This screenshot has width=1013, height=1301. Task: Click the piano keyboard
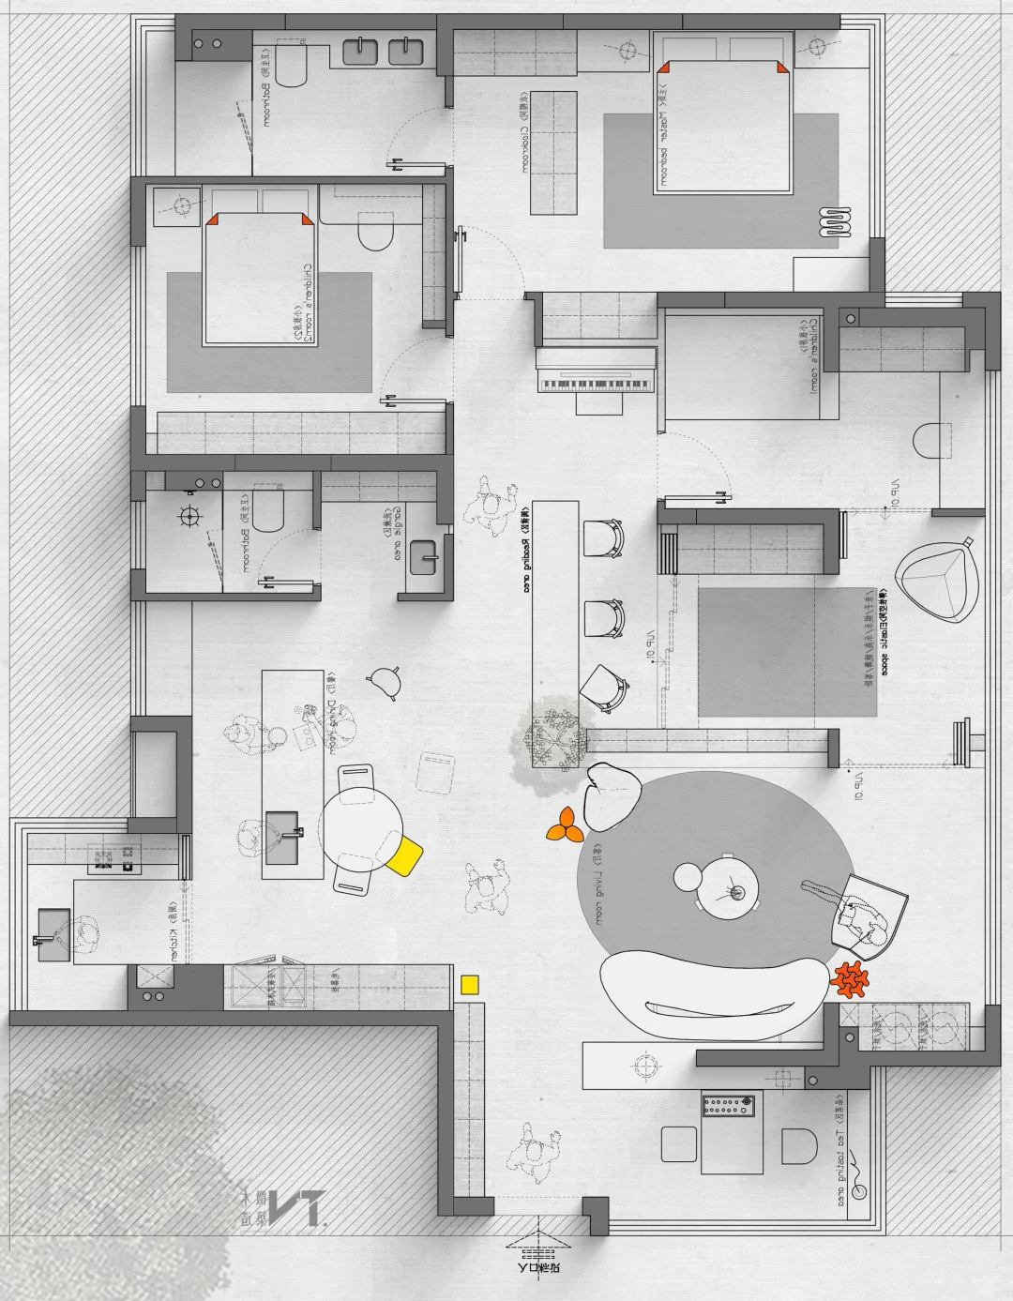click(595, 383)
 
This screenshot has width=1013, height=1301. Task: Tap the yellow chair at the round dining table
click(406, 855)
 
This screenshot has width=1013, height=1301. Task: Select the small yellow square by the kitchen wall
click(470, 984)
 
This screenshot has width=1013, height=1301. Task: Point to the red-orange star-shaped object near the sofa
click(851, 979)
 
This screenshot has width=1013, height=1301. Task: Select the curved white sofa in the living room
click(714, 995)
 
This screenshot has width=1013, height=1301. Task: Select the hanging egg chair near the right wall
click(935, 582)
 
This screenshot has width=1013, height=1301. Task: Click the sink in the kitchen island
click(282, 838)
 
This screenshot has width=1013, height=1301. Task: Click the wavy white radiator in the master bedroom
click(836, 221)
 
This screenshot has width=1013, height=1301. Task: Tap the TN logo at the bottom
click(281, 1209)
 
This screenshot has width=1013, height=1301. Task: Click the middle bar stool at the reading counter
click(603, 618)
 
